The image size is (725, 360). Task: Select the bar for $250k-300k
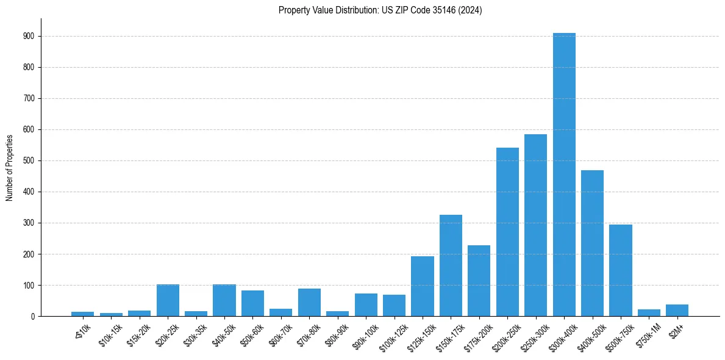tap(535, 225)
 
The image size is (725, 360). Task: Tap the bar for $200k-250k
tap(507, 232)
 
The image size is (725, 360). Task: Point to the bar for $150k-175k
tap(451, 265)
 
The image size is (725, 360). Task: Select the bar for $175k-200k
tap(479, 281)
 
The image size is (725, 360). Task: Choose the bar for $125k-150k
tap(423, 286)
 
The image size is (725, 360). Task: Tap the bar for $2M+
tap(677, 310)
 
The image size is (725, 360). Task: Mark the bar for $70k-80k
tap(309, 303)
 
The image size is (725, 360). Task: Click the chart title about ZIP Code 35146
tap(380, 10)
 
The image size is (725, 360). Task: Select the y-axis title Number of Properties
tap(10, 168)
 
